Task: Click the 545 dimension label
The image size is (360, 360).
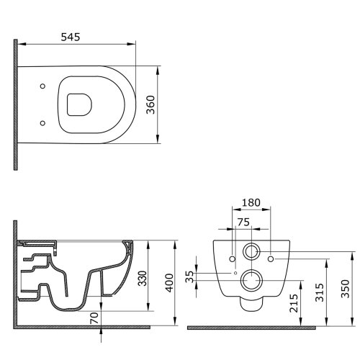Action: (71, 37)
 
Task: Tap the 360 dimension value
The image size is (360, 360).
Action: (151, 104)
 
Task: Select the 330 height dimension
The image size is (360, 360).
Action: (143, 278)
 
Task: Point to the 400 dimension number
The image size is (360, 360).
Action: (169, 283)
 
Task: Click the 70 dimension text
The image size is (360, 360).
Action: (94, 318)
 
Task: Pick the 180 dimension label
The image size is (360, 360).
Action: (251, 203)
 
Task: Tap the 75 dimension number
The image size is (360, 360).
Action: (243, 222)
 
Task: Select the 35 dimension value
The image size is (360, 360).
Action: (189, 276)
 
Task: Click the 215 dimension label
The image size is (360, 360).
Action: (294, 303)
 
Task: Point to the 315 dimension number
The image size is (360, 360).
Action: (320, 292)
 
